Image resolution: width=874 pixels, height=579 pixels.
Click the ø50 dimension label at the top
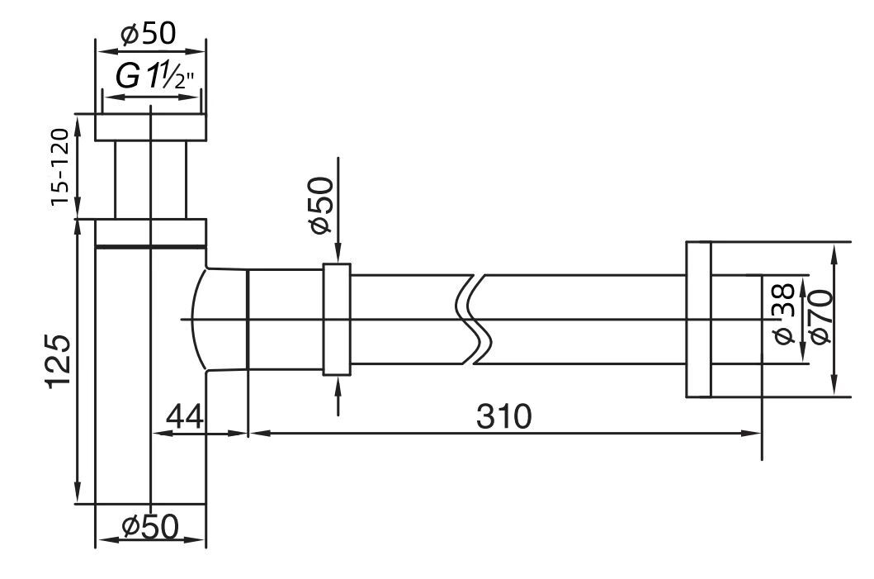coord(149,35)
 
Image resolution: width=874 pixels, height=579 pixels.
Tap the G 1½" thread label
coord(154,77)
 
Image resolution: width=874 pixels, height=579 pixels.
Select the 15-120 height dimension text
coord(60,167)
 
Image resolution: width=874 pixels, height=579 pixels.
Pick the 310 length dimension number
coord(504,415)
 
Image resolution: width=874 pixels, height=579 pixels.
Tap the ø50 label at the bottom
coord(149,526)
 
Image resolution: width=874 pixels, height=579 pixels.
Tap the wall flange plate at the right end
coord(698,319)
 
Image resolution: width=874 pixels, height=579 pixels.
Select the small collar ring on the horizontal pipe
coord(337,319)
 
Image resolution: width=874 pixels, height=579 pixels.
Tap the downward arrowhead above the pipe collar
coord(338,254)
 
